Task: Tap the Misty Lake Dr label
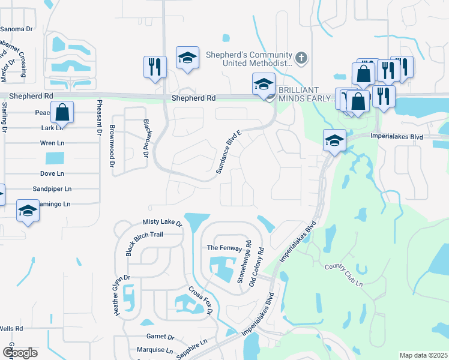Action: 162,222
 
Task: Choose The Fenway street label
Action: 224,248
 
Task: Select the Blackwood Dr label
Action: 145,138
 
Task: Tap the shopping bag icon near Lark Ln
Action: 62,112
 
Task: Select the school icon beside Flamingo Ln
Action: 27,211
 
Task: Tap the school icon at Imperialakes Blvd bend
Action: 334,141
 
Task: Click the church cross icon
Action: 302,58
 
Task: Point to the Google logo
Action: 20,352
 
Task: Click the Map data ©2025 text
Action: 423,355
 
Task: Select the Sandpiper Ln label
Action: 52,188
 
